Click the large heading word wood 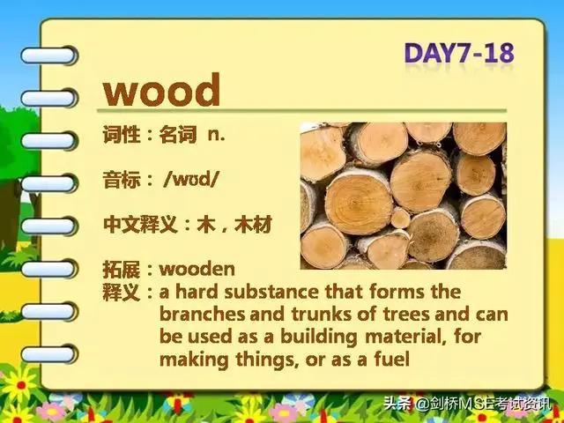click(x=161, y=90)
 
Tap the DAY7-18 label click(x=459, y=54)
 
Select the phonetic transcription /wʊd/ click(x=190, y=179)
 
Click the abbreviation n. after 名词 click(x=217, y=135)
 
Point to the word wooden click(x=197, y=269)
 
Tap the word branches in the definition click(x=202, y=314)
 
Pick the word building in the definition click(x=319, y=338)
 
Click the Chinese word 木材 click(x=253, y=225)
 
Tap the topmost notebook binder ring click(x=48, y=56)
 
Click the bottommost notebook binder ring click(x=49, y=354)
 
